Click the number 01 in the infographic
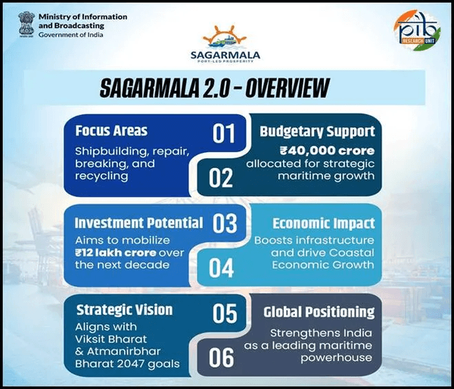(x=224, y=134)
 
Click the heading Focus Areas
(x=110, y=131)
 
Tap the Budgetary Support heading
(x=317, y=131)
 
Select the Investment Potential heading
(x=138, y=223)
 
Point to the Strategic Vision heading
(x=124, y=310)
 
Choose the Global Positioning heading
(x=319, y=311)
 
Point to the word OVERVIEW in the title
(x=281, y=89)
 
